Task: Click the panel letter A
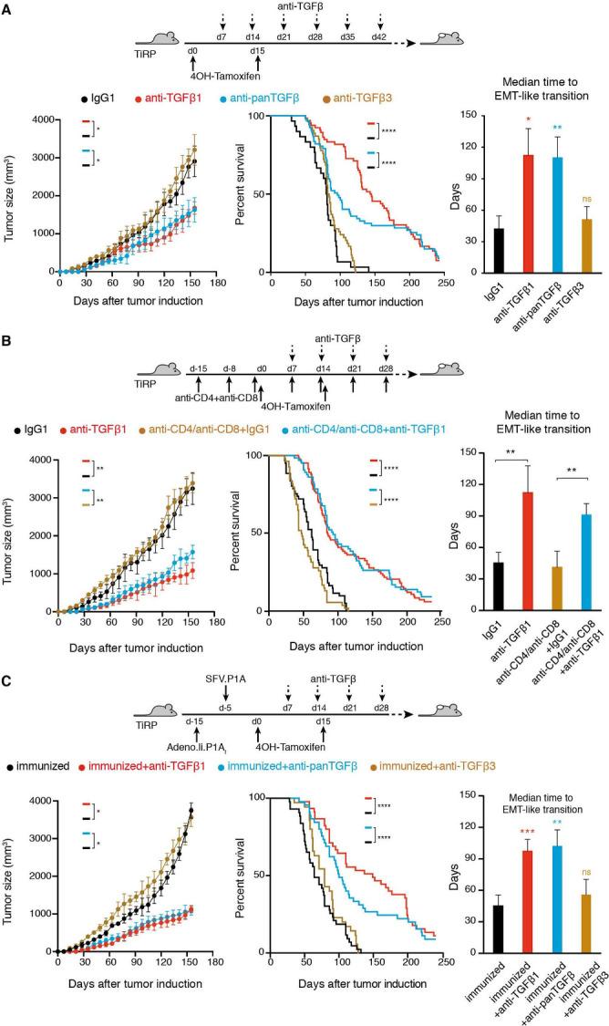tap(6, 7)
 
